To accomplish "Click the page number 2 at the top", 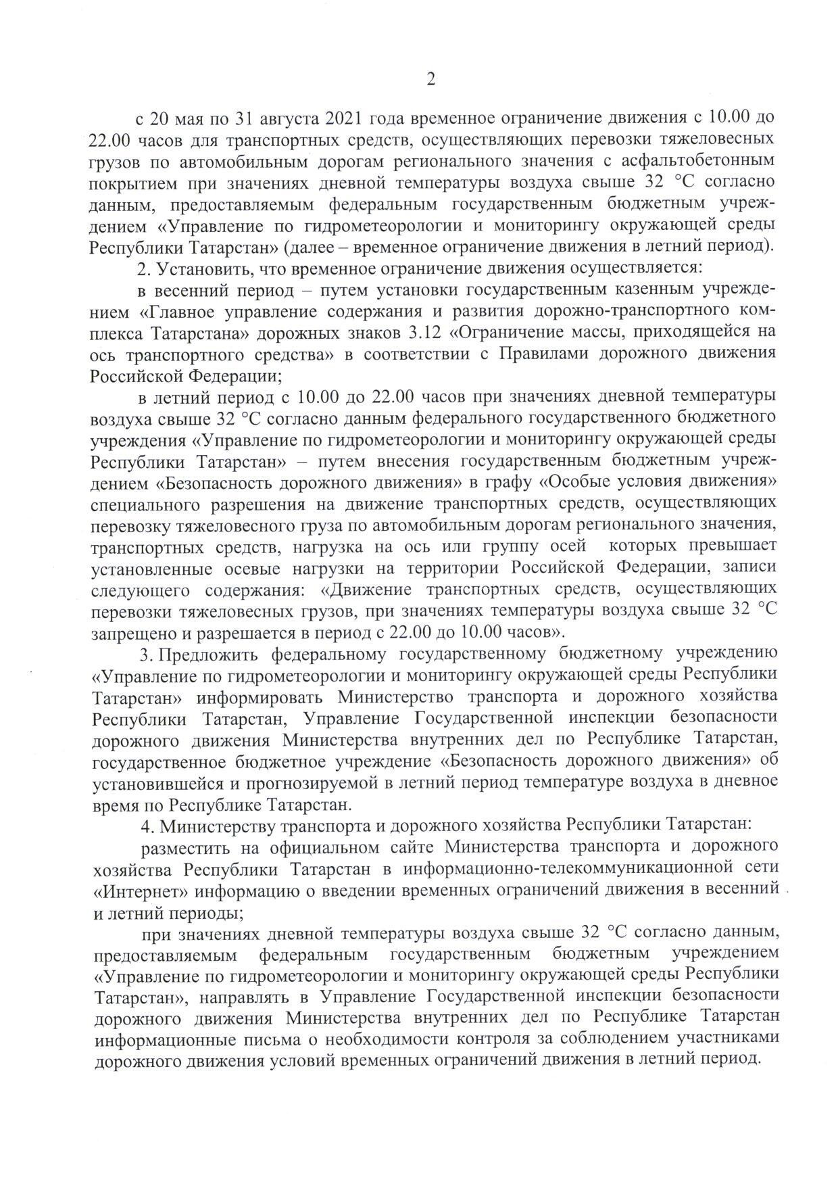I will click(x=430, y=80).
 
